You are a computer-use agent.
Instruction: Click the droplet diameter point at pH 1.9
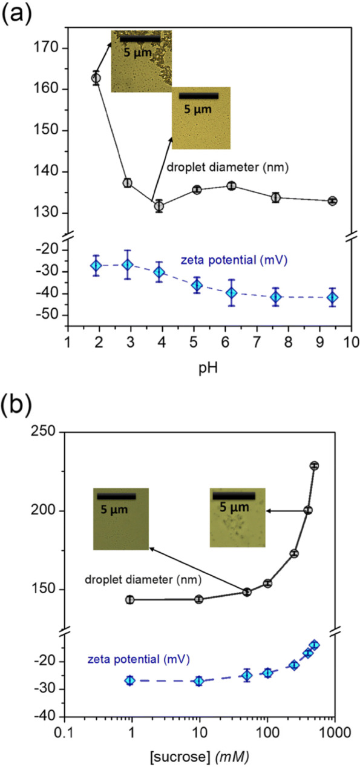[96, 77]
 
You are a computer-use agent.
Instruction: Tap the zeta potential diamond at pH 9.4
[332, 297]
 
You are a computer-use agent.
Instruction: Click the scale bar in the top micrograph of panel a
[140, 39]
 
